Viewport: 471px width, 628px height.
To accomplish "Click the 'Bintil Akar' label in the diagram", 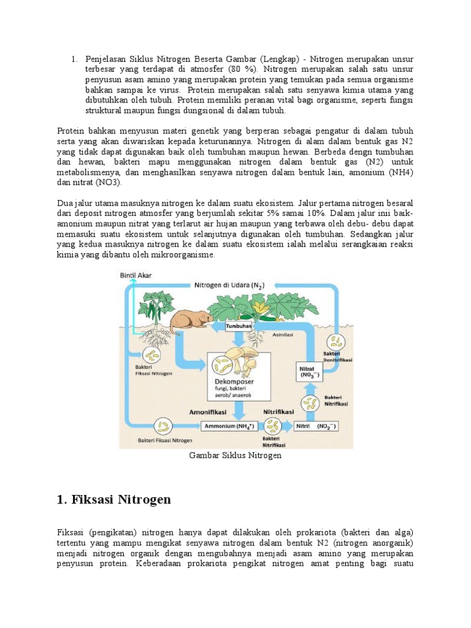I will (136, 276).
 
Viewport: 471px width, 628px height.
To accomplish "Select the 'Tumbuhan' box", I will (240, 326).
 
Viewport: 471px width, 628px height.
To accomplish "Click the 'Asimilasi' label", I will (285, 335).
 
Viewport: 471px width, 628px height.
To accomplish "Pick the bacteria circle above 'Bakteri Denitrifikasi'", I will (337, 343).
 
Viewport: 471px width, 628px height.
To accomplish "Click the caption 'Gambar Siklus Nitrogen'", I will (235, 456).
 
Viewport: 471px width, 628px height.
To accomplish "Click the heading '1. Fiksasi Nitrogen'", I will (113, 500).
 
